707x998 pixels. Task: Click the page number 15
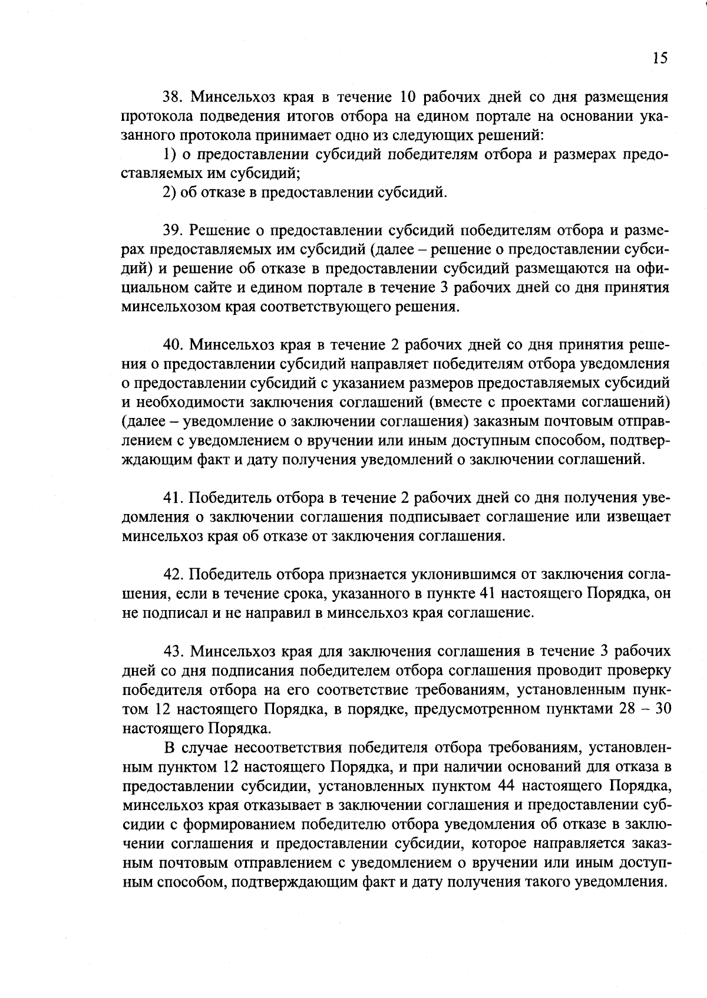[660, 58]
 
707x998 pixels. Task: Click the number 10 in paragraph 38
[409, 97]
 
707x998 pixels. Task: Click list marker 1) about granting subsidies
[170, 154]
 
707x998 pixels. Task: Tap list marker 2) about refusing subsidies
[170, 193]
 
